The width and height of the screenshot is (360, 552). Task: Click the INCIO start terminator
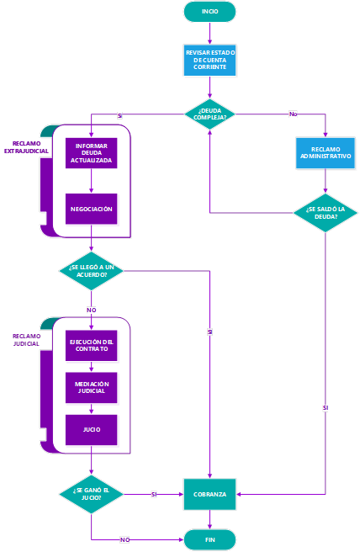pyautogui.click(x=209, y=12)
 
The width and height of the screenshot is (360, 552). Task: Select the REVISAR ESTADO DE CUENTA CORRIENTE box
pyautogui.click(x=209, y=60)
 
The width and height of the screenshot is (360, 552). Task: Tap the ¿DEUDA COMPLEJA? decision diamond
pyautogui.click(x=209, y=114)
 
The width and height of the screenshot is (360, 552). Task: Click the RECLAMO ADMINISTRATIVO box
pyautogui.click(x=326, y=153)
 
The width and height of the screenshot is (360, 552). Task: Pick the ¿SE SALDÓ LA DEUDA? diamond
pyautogui.click(x=326, y=213)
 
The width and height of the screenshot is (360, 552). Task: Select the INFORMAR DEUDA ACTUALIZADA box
pyautogui.click(x=91, y=153)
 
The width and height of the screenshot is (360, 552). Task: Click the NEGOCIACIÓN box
pyautogui.click(x=91, y=209)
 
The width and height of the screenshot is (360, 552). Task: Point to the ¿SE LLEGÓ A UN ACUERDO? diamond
pyautogui.click(x=91, y=271)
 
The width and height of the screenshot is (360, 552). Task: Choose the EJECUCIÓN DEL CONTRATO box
pyautogui.click(x=91, y=345)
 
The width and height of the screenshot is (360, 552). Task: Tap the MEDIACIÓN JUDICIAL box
pyautogui.click(x=91, y=388)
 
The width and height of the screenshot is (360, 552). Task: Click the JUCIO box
pyautogui.click(x=91, y=430)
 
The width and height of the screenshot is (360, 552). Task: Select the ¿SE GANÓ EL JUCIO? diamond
pyautogui.click(x=91, y=494)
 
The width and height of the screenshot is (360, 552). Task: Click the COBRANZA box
pyautogui.click(x=209, y=494)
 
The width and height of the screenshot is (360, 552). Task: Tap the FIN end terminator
pyautogui.click(x=209, y=539)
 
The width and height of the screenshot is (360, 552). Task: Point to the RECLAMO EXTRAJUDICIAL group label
pyautogui.click(x=26, y=147)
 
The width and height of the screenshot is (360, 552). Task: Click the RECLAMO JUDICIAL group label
pyautogui.click(x=26, y=340)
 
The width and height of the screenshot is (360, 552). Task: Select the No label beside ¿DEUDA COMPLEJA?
pyautogui.click(x=294, y=114)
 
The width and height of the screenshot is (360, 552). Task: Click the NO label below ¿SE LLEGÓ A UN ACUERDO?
pyautogui.click(x=91, y=310)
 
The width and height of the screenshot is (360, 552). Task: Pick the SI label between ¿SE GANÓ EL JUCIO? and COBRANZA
pyautogui.click(x=154, y=494)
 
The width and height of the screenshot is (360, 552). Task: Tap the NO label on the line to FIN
pyautogui.click(x=125, y=539)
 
